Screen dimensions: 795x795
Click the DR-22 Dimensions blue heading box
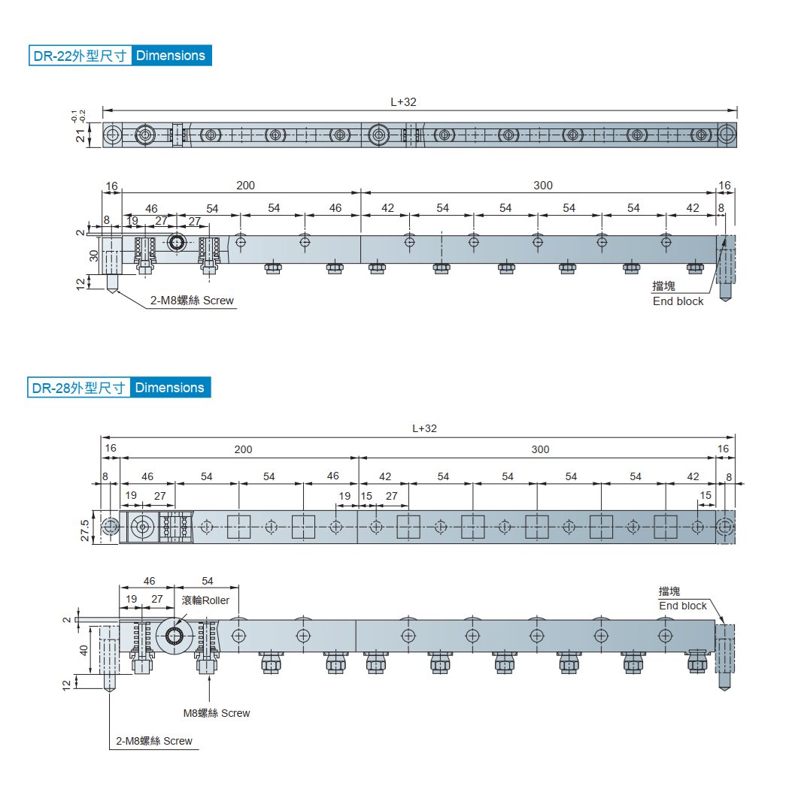tap(120, 56)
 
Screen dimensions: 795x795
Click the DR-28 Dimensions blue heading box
tap(120, 388)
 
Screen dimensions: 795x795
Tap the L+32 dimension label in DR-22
tap(403, 102)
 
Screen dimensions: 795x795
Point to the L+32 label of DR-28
tap(424, 428)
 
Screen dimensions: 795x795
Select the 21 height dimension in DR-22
tap(80, 135)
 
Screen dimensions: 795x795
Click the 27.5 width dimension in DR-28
tap(85, 531)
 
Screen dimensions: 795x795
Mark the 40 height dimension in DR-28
tap(83, 650)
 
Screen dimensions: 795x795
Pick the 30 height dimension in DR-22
tap(94, 255)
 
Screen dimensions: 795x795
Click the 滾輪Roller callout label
tap(205, 600)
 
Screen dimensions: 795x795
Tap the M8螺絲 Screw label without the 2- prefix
tap(217, 713)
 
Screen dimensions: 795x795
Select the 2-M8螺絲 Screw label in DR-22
tap(192, 301)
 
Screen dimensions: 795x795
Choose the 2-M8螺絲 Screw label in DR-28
tap(154, 741)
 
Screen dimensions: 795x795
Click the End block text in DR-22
tap(678, 301)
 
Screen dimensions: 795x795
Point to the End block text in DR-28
tap(683, 606)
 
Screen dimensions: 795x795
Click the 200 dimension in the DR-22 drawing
tap(245, 186)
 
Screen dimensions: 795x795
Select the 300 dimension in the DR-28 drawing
tap(540, 449)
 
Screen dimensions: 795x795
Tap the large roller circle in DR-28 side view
tap(174, 636)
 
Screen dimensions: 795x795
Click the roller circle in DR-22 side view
tap(176, 243)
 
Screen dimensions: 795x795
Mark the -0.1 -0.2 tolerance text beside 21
tap(78, 116)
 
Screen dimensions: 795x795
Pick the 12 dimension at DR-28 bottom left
tap(66, 685)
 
